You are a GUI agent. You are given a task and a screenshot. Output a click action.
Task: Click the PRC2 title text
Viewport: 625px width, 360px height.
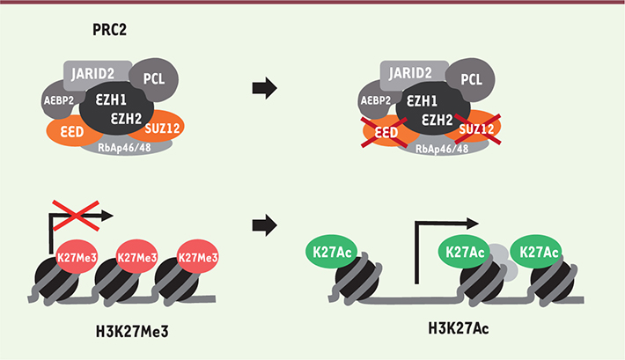[x=115, y=30]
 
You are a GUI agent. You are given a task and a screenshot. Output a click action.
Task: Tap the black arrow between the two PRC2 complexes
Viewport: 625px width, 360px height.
[x=263, y=88]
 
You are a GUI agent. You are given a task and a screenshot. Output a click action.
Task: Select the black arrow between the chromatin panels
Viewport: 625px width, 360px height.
[x=263, y=226]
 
